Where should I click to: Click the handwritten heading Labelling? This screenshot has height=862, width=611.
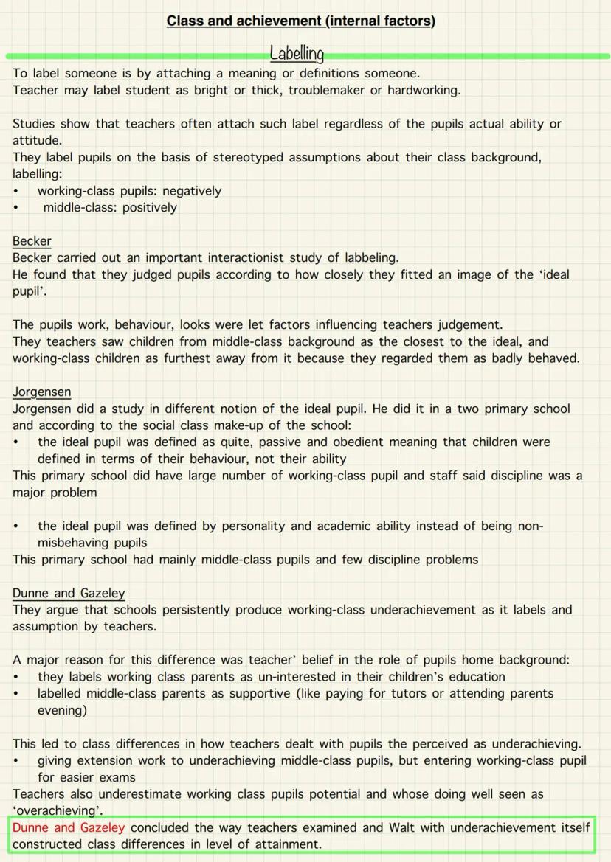tap(297, 54)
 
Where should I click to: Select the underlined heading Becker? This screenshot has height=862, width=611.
tap(32, 241)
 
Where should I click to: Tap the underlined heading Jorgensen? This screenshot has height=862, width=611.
tap(41, 392)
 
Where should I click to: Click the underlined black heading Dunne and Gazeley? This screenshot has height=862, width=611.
tap(69, 593)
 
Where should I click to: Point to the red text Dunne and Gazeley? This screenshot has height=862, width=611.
tap(69, 827)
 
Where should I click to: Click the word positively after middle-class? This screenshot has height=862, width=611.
tap(150, 207)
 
